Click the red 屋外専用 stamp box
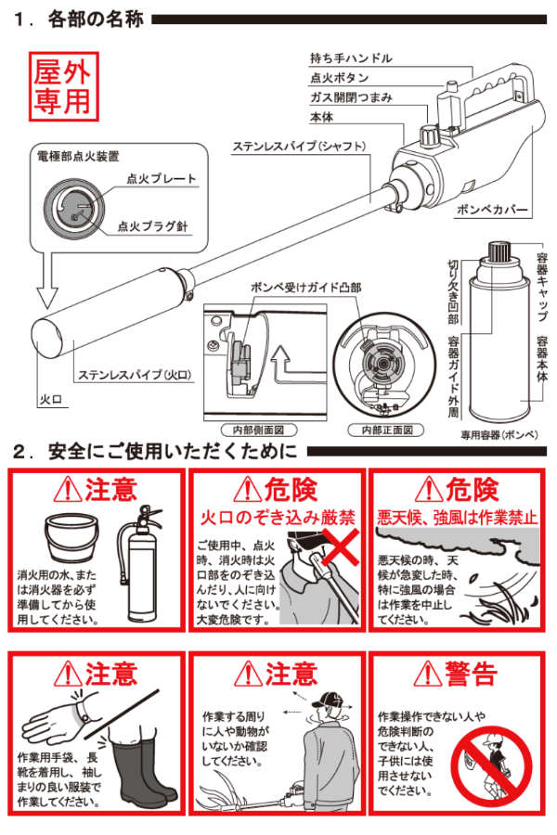tap(63, 86)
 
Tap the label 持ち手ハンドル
tap(351, 58)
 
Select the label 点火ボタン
tap(339, 78)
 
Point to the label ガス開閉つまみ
tap(351, 97)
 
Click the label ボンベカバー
tap(491, 210)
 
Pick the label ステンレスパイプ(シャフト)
tap(299, 146)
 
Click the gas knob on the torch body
tap(428, 135)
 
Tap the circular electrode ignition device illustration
tap(74, 209)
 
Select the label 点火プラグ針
tap(152, 226)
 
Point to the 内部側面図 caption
tap(258, 430)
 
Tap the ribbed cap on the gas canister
tap(499, 250)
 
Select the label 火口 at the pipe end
tap(51, 399)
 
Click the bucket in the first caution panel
tap(71, 536)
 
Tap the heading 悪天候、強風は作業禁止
tap(458, 517)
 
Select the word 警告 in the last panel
tap(473, 674)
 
